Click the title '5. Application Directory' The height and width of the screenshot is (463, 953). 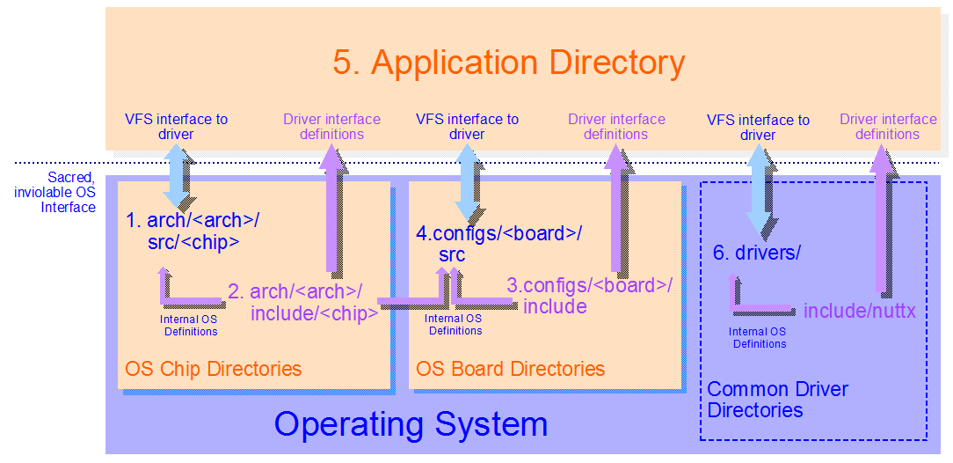[x=508, y=63]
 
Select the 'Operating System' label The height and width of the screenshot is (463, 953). [x=411, y=424]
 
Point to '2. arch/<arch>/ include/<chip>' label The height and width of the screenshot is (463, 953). [x=303, y=302]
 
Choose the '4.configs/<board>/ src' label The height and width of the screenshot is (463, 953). [x=498, y=244]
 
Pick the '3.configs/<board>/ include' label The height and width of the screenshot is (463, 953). [x=589, y=296]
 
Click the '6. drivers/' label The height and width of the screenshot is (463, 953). [x=756, y=254]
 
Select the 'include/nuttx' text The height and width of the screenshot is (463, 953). [x=859, y=311]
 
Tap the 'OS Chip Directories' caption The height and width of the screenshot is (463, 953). [x=214, y=369]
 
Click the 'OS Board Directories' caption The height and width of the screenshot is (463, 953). [x=510, y=369]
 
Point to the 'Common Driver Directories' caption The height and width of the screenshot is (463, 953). [x=777, y=400]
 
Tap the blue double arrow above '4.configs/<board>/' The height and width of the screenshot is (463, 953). [x=467, y=182]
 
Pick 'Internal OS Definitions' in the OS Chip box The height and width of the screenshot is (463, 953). [x=191, y=326]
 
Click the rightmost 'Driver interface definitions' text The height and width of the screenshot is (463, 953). [x=887, y=127]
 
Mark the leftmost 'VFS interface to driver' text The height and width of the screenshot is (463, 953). [x=176, y=127]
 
